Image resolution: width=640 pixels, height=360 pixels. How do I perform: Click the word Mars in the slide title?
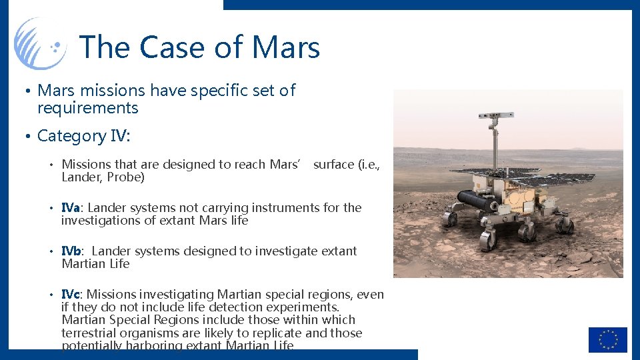pyautogui.click(x=286, y=48)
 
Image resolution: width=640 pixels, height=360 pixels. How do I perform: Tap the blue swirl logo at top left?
pyautogui.click(x=40, y=43)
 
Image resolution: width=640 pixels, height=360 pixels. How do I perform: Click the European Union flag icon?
pyautogui.click(x=607, y=339)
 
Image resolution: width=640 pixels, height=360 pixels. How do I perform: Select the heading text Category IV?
pyautogui.click(x=84, y=136)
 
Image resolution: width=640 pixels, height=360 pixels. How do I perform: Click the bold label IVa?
pyautogui.click(x=71, y=208)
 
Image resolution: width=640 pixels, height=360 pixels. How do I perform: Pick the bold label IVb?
pyautogui.click(x=72, y=251)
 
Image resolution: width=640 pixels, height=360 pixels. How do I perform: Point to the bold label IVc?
pyautogui.click(x=71, y=295)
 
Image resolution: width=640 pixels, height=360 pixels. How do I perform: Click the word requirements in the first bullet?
pyautogui.click(x=87, y=108)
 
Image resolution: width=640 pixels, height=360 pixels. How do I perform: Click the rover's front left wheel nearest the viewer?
pyautogui.click(x=489, y=238)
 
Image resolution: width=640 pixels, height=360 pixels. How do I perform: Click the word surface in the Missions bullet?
pyautogui.click(x=333, y=165)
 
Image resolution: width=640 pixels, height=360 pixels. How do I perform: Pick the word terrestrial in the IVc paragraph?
pyautogui.click(x=89, y=333)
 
